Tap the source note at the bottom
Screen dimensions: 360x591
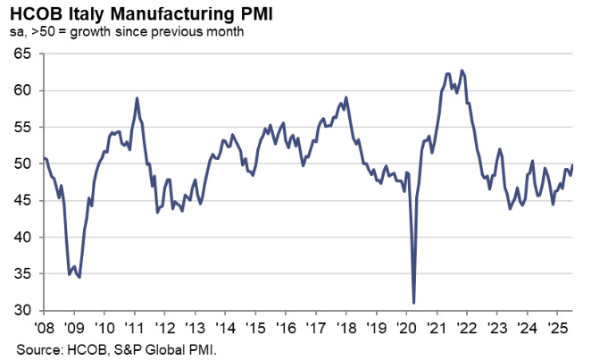pyautogui.click(x=116, y=347)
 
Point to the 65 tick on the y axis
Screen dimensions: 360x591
pyautogui.click(x=23, y=54)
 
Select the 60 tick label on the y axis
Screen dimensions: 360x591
pyautogui.click(x=23, y=90)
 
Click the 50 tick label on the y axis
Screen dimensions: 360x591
pyautogui.click(x=23, y=164)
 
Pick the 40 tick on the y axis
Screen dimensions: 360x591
pyautogui.click(x=23, y=238)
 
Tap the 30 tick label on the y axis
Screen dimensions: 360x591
pyautogui.click(x=23, y=311)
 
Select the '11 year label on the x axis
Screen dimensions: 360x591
pyautogui.click(x=135, y=326)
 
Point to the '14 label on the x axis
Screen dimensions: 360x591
pyautogui.click(x=225, y=326)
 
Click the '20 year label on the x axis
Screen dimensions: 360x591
pyautogui.click(x=406, y=326)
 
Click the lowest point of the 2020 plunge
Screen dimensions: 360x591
pyautogui.click(x=413, y=303)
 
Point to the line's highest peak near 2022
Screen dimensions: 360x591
pyautogui.click(x=461, y=71)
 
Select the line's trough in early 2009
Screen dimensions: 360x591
pyautogui.click(x=79, y=278)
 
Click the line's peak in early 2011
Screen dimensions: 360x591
pyautogui.click(x=137, y=98)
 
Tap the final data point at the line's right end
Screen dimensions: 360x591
pyautogui.click(x=572, y=165)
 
